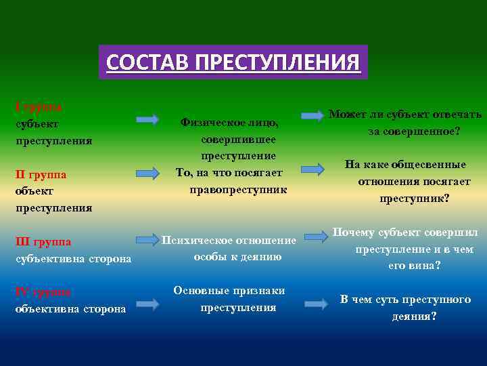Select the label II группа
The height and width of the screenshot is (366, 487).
41,175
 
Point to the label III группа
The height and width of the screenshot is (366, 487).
43,241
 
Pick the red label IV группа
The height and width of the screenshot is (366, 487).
43,292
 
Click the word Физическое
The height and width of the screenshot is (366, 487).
208,123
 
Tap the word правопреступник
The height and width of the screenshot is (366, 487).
238,189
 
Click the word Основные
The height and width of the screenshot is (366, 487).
200,291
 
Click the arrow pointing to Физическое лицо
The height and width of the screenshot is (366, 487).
147,119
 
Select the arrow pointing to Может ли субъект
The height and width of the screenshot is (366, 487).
312,115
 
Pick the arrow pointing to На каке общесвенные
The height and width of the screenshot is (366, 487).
313,167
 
